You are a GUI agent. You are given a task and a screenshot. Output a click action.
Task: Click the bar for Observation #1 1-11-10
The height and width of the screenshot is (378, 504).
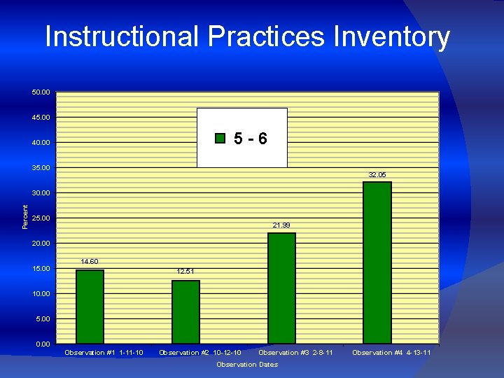click(90, 307)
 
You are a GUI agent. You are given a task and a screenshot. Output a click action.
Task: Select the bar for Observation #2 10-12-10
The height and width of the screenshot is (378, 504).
click(185, 312)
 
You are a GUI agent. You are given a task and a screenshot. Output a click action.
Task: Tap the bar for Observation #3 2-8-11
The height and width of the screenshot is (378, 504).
click(281, 288)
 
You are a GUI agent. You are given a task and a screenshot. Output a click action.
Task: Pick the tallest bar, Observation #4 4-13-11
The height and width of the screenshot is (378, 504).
click(377, 262)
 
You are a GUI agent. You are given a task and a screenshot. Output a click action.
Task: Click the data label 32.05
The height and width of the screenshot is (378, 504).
click(377, 174)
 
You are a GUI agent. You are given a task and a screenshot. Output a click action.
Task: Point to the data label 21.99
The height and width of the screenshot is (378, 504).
click(281, 225)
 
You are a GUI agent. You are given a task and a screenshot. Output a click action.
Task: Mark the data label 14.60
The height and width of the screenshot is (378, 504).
click(90, 262)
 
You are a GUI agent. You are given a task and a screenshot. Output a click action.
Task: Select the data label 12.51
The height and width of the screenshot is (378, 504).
click(185, 271)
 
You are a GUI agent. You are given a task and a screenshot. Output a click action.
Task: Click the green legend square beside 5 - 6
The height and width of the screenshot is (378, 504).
click(220, 138)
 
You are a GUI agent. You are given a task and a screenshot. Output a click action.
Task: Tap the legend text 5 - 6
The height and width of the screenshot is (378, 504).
click(250, 139)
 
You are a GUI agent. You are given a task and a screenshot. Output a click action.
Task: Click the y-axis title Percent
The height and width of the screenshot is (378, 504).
click(26, 216)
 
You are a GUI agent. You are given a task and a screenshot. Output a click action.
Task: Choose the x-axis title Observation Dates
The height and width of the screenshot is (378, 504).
click(247, 365)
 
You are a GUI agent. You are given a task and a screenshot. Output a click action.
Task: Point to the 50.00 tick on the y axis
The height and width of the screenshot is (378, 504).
click(41, 92)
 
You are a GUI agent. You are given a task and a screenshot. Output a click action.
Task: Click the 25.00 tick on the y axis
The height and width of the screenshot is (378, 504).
click(41, 218)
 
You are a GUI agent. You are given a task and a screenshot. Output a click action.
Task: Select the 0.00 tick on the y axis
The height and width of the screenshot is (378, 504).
click(43, 344)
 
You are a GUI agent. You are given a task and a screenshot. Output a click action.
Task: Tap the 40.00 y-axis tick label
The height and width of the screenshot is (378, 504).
click(41, 143)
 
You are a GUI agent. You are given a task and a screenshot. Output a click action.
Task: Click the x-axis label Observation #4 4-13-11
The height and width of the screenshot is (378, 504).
click(391, 353)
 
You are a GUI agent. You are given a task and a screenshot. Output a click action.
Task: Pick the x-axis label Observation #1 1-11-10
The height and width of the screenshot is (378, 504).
click(104, 353)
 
